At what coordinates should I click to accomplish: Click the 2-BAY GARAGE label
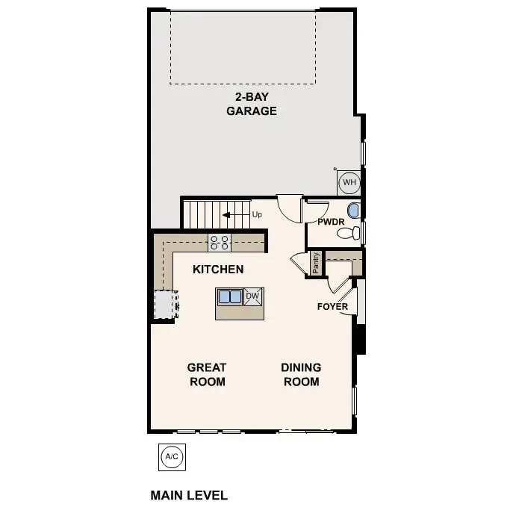(252, 105)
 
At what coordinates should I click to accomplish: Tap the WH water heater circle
(349, 181)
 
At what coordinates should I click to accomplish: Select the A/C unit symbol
(171, 456)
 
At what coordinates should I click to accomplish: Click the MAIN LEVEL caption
(189, 495)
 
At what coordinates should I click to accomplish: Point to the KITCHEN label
(218, 269)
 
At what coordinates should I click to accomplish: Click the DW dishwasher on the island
(253, 296)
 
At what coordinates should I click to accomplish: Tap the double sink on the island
(229, 297)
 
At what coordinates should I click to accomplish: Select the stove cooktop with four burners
(220, 241)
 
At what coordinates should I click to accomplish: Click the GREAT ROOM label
(207, 374)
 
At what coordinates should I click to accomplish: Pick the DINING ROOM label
(301, 374)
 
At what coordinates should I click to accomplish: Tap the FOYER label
(332, 307)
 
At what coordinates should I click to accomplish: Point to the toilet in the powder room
(347, 234)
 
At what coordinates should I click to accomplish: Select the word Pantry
(317, 263)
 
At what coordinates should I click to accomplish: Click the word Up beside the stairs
(257, 215)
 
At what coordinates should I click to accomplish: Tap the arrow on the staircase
(235, 215)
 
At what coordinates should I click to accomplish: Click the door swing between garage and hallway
(287, 205)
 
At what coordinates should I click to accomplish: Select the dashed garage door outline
(244, 47)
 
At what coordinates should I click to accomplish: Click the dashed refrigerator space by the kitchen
(164, 304)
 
